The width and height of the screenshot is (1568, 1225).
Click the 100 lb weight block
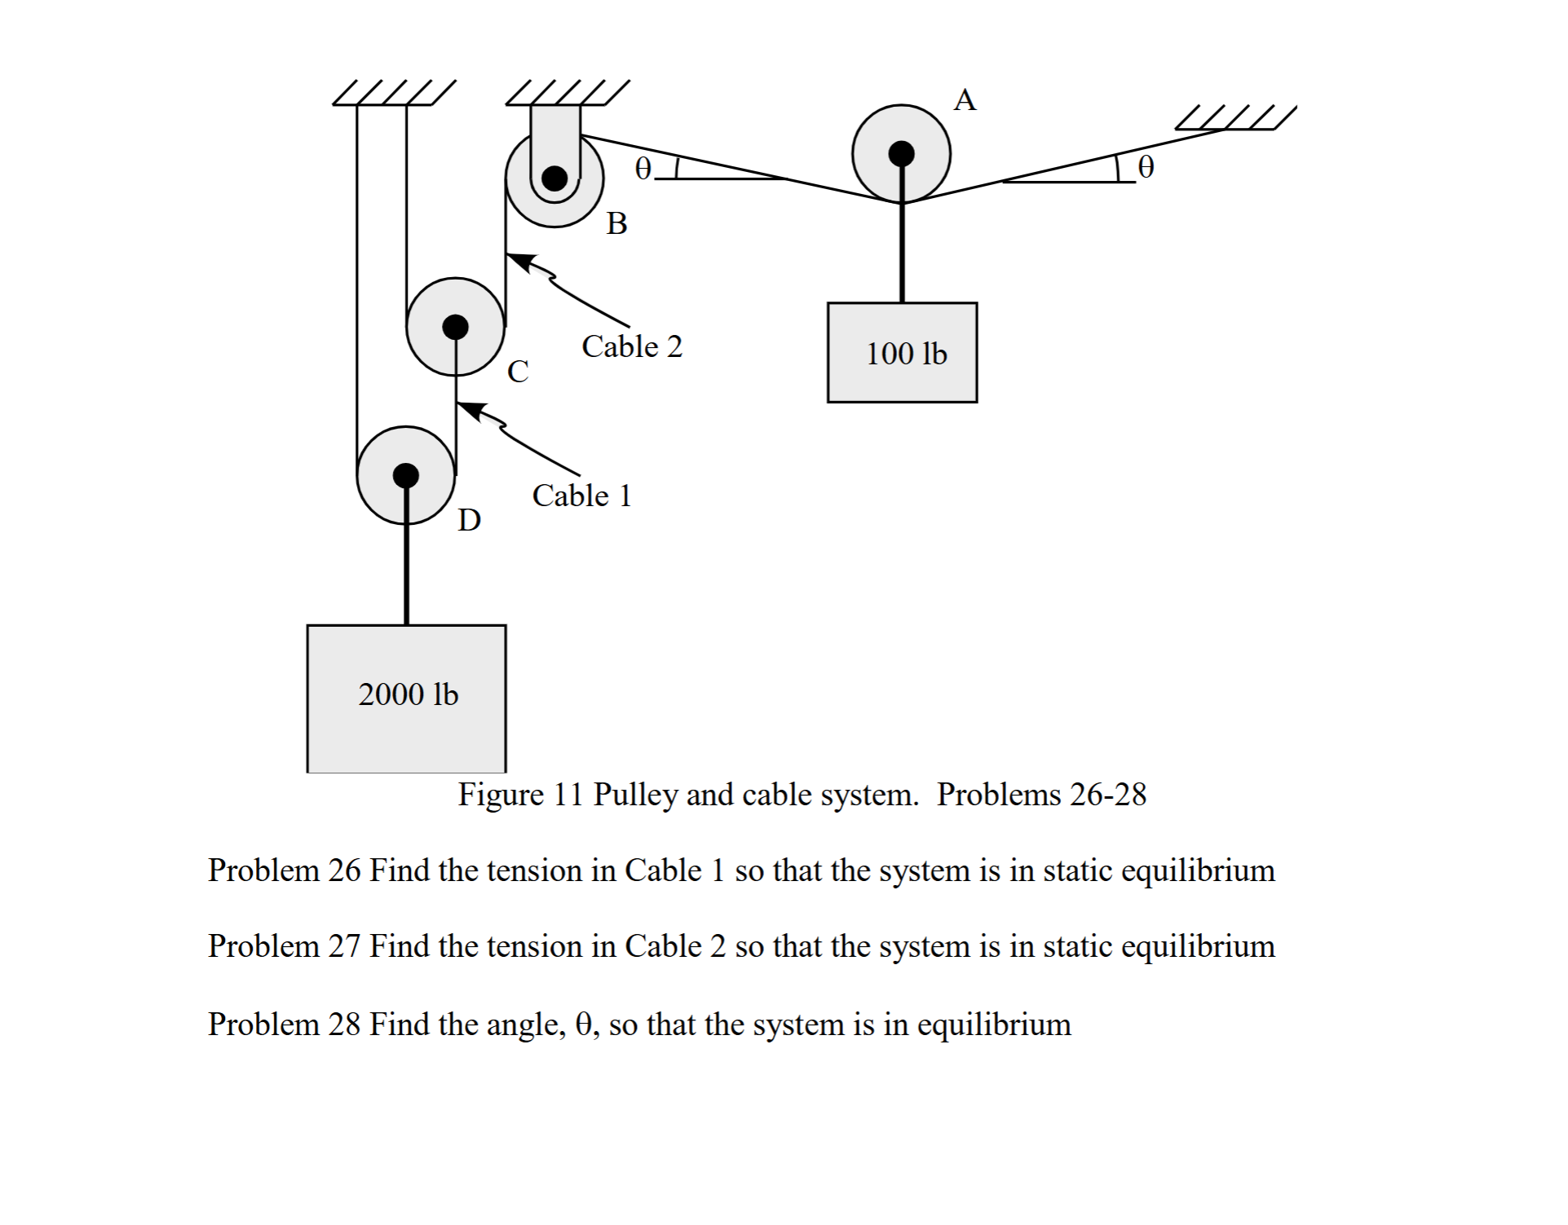902,352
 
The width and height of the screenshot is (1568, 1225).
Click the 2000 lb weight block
406,698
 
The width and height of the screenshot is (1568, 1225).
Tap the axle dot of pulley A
901,153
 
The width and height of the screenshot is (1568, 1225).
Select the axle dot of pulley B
554,178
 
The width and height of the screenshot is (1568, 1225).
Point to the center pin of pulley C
455,327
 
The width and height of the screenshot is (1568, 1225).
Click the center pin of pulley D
405,475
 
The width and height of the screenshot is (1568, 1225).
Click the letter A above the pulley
965,100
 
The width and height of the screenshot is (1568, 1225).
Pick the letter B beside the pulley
617,223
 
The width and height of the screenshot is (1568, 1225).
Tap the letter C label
518,372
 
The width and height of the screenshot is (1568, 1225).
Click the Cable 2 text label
631,346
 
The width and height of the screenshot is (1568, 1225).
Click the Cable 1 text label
581,496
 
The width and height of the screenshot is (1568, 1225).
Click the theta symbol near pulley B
643,168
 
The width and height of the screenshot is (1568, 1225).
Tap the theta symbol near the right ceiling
1146,167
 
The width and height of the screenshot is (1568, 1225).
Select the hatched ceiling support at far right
1235,119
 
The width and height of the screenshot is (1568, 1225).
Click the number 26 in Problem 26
344,870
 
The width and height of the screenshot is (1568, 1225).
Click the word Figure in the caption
500,794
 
